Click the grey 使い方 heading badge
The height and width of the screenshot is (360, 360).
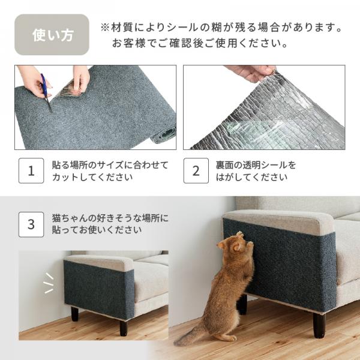pos(52,35)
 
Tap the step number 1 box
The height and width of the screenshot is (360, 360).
pos(31,170)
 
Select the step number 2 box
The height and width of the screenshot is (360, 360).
pos(196,170)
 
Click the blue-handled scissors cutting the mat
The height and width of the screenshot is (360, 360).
pos(45,93)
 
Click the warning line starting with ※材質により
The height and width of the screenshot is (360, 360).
pos(223,28)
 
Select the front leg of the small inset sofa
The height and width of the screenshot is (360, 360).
pos(123,326)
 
